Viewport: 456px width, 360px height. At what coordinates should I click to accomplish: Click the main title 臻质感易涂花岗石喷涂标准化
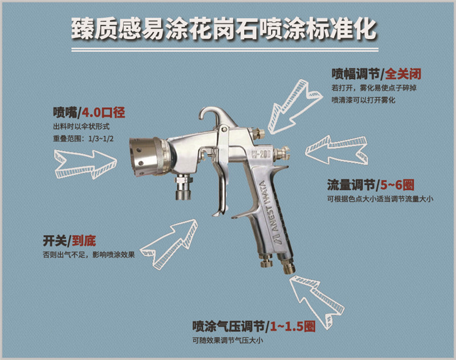[x=223, y=29]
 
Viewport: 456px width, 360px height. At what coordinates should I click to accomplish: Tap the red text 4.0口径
[x=103, y=112]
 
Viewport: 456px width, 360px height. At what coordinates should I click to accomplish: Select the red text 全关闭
[x=403, y=74]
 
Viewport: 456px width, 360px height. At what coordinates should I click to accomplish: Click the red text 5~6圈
[x=397, y=184]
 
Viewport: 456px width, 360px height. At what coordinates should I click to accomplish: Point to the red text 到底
[x=84, y=241]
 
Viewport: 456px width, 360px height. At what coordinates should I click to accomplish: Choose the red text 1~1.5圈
[x=293, y=326]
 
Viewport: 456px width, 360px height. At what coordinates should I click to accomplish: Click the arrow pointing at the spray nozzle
[x=85, y=164]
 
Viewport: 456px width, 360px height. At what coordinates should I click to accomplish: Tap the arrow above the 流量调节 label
[x=336, y=149]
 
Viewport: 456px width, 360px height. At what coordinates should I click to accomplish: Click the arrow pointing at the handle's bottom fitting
[x=317, y=301]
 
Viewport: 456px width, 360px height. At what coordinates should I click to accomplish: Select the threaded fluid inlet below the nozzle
[x=184, y=187]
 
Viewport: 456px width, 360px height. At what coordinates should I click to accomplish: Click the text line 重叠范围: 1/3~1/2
[x=83, y=139]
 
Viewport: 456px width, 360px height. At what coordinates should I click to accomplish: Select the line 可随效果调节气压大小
[x=227, y=340]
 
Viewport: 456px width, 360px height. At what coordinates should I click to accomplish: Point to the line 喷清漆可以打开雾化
[x=364, y=100]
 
